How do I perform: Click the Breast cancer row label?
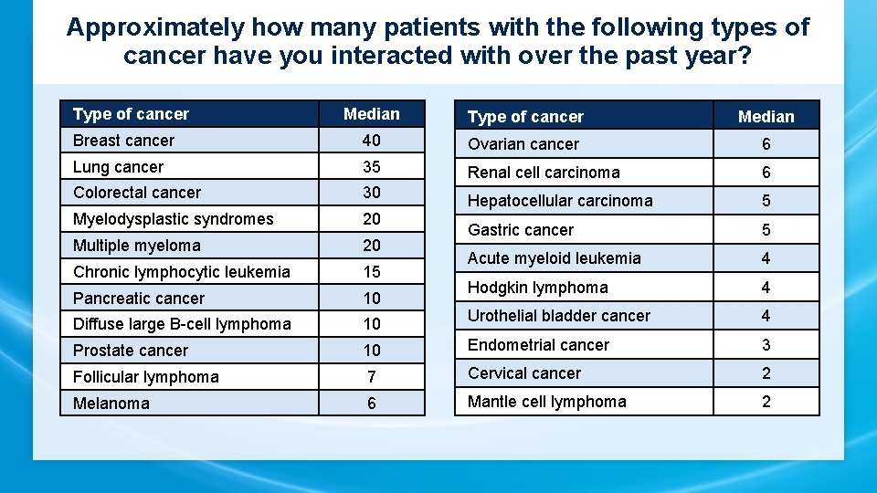click(x=123, y=141)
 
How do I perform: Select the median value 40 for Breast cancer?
click(x=371, y=141)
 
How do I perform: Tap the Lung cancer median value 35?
click(x=371, y=167)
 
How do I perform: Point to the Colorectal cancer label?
click(x=137, y=193)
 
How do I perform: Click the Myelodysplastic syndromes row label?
click(x=174, y=219)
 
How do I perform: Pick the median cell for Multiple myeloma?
click(x=371, y=246)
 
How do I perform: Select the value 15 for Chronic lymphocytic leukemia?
click(x=371, y=272)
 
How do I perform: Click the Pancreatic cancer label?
click(x=139, y=299)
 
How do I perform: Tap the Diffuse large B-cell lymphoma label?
click(x=182, y=324)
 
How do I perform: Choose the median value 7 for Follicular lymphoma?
click(x=371, y=377)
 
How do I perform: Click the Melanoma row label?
click(x=111, y=404)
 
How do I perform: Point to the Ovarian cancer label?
click(x=523, y=144)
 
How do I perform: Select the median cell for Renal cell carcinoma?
click(x=766, y=173)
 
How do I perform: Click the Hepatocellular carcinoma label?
click(x=560, y=201)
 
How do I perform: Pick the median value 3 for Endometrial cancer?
click(x=766, y=345)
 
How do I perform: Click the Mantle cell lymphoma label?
click(x=547, y=402)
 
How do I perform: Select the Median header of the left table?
click(x=371, y=114)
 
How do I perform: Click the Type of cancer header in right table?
click(x=525, y=117)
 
